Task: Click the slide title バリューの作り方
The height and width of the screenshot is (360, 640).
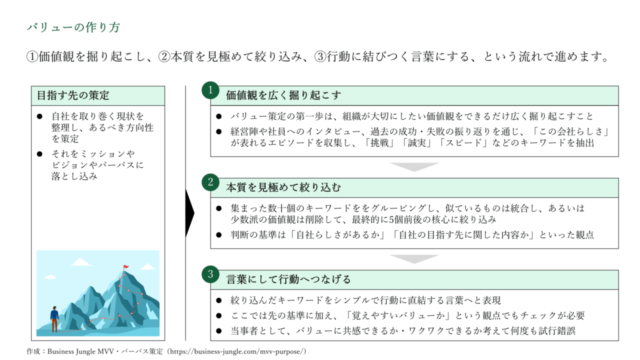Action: click(73, 27)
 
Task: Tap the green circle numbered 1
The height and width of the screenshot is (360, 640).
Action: click(210, 90)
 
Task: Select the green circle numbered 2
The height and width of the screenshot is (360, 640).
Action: click(210, 182)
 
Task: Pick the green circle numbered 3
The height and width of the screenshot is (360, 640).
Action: click(210, 274)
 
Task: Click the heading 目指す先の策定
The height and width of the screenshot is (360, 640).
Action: click(73, 95)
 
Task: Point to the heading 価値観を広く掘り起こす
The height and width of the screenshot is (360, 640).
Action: click(283, 95)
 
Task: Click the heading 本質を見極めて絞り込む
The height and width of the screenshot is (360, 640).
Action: click(283, 187)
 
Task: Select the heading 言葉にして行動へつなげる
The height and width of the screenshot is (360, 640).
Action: click(288, 279)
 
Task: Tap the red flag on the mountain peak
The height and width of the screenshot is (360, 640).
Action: click(126, 267)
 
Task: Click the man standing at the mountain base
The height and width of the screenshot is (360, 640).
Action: click(54, 319)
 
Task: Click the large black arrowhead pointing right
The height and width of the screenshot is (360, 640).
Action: click(190, 213)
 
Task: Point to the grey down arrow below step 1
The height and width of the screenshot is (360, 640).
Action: click(414, 167)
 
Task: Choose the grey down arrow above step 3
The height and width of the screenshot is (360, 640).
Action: click(414, 259)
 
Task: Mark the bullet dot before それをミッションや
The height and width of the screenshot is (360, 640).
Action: click(39, 154)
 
